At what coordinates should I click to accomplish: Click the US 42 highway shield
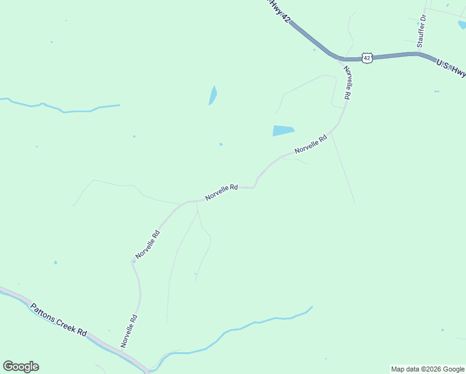pos(367,58)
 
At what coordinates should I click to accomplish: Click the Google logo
pos(21,367)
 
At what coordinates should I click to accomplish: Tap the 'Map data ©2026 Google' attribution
pos(427,369)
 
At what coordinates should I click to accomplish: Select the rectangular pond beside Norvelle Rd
pos(283,130)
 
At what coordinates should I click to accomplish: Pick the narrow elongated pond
pos(213,95)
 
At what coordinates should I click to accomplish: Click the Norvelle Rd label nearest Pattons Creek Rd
pos(129,330)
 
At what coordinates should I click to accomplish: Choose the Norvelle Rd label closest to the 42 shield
pos(347,83)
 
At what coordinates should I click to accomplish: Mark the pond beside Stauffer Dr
pos(462,25)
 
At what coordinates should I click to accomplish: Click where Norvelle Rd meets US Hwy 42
pos(341,60)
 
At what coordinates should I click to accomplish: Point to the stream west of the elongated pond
pos(62,110)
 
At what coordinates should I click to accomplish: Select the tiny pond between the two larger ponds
pos(221,144)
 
